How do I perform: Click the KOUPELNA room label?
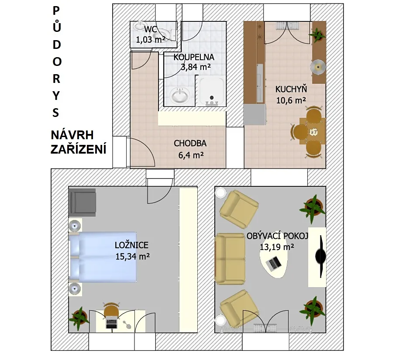point(194,57)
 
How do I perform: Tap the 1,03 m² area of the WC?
point(151,40)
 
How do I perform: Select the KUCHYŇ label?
point(291,89)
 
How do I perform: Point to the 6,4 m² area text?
point(191,155)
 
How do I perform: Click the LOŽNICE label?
point(131,245)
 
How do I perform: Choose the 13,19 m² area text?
point(277,247)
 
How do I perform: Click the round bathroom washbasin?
point(180,95)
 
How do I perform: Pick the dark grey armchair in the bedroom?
point(83,202)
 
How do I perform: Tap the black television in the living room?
point(320,257)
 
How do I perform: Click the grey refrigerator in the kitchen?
point(255,114)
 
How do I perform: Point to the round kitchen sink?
point(318,67)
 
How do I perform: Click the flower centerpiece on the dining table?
point(313,132)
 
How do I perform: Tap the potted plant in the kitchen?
point(317,34)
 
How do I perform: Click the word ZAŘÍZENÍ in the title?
point(79,149)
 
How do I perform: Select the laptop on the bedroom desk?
point(111,323)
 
